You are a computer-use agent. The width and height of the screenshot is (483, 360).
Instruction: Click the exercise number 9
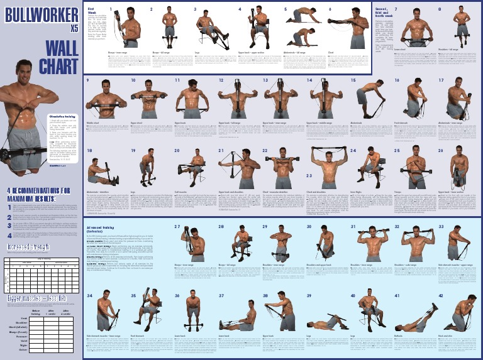point(88,81)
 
